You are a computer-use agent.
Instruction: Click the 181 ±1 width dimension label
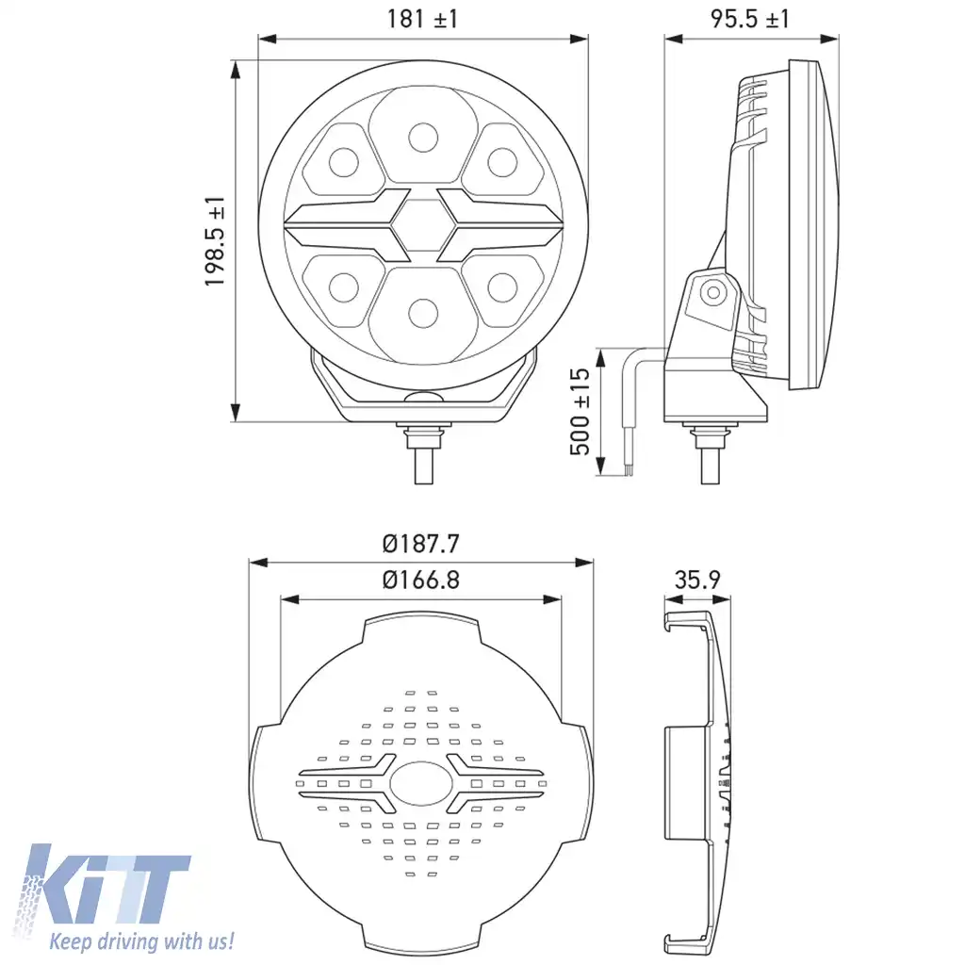click(x=421, y=19)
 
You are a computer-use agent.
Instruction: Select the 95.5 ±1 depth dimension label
click(x=750, y=19)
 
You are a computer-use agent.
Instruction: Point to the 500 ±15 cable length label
click(x=581, y=411)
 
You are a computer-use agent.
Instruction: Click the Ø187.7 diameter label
click(x=421, y=544)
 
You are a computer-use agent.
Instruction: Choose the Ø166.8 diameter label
click(x=421, y=580)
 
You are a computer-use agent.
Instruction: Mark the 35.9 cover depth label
click(x=697, y=580)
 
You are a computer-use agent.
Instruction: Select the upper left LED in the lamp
click(x=341, y=162)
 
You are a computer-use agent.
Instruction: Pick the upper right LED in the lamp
click(x=502, y=162)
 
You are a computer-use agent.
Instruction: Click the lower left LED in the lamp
click(x=341, y=285)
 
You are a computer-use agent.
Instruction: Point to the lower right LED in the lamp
click(x=502, y=285)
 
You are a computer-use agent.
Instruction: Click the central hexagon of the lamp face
click(x=422, y=225)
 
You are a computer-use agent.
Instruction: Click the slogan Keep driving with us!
click(x=141, y=940)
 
